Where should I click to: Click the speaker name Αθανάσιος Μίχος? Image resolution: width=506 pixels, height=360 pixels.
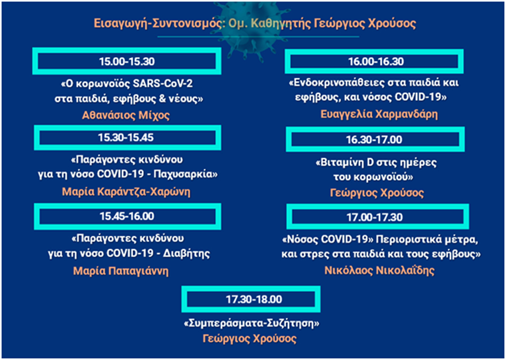pyautogui.click(x=126, y=115)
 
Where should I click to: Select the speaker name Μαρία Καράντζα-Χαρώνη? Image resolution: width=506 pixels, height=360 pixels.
pyautogui.click(x=126, y=191)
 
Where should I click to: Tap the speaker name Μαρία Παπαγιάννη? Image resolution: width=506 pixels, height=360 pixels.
pyautogui.click(x=121, y=271)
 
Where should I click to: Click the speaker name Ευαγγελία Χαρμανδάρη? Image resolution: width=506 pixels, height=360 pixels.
pyautogui.click(x=379, y=114)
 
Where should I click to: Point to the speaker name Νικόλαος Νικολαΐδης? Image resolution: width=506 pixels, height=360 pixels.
pyautogui.click(x=379, y=270)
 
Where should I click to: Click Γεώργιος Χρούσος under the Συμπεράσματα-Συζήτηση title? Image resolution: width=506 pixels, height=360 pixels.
pyautogui.click(x=250, y=339)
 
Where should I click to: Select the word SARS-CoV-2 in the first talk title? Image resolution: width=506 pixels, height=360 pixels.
pyautogui.click(x=163, y=84)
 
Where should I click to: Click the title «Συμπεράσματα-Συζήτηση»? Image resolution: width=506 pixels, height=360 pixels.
pyautogui.click(x=251, y=323)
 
